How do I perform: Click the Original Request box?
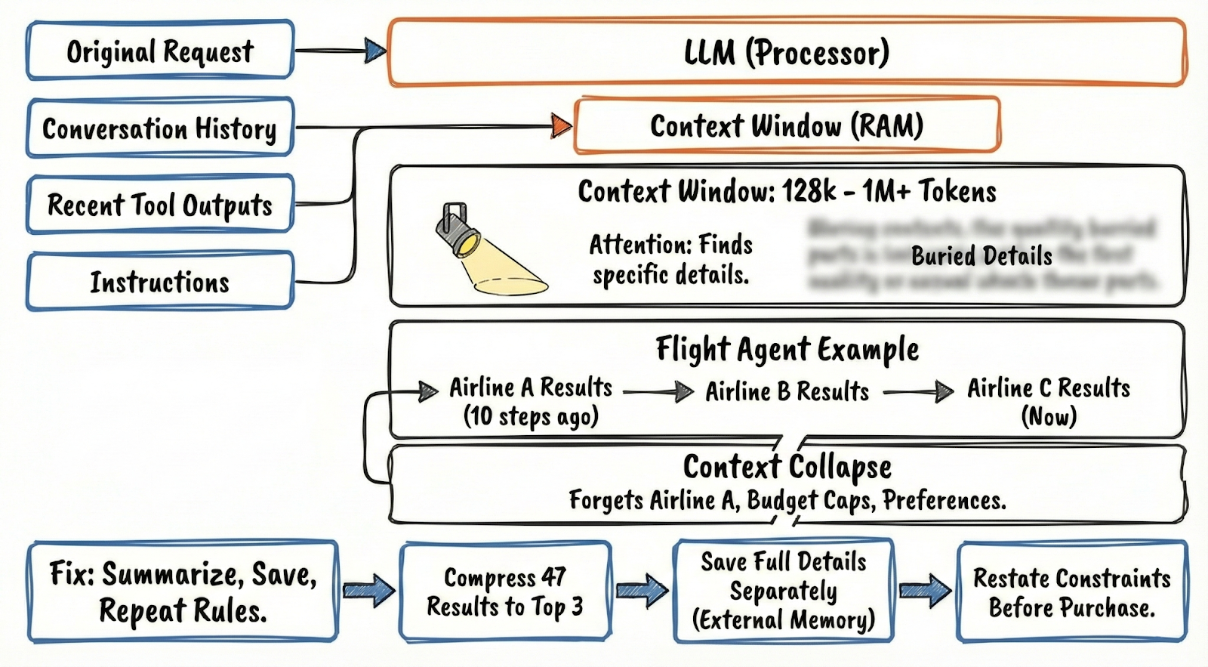coord(159,51)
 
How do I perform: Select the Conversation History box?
coord(159,128)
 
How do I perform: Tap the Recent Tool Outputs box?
coord(159,205)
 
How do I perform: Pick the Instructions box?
coord(159,282)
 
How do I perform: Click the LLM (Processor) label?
coord(787,52)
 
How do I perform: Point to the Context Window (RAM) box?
coord(787,125)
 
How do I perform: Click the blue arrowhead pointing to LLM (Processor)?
coord(375,51)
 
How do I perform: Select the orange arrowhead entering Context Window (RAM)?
coord(561,125)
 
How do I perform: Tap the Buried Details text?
coord(981,256)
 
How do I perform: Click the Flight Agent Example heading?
coord(787,349)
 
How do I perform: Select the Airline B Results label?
coord(787,391)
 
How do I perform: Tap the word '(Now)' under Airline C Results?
coord(1049,416)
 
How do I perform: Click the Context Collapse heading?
coord(787,466)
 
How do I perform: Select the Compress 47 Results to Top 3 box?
coord(504,591)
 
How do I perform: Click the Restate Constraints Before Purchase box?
coord(1071,592)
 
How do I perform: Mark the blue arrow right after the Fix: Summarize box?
coord(368,590)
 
